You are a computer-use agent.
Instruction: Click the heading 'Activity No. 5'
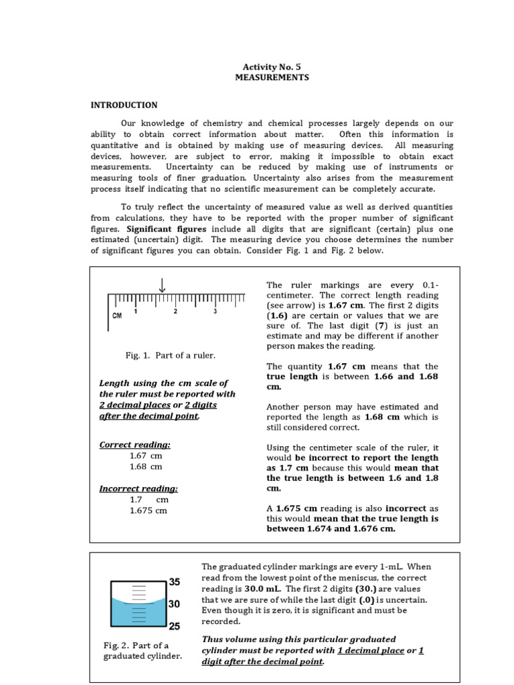tap(272, 66)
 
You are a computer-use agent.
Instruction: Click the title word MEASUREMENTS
tap(272, 78)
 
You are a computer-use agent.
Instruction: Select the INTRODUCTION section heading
tap(124, 105)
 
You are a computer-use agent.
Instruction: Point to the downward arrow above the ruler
tap(162, 286)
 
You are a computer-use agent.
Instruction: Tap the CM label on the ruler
tap(117, 315)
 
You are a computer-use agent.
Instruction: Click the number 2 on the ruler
tap(175, 312)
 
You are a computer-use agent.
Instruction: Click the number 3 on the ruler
tap(215, 312)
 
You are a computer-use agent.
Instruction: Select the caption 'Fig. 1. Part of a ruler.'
tap(161, 355)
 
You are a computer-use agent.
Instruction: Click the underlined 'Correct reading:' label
tap(135, 444)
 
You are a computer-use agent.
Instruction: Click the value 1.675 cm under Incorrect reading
tap(149, 510)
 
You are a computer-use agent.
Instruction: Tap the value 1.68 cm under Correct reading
tap(146, 466)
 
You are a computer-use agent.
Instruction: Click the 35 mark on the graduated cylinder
tap(175, 582)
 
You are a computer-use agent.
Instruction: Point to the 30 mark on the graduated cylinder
tap(175, 604)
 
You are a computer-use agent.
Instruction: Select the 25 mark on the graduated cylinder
tap(175, 627)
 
